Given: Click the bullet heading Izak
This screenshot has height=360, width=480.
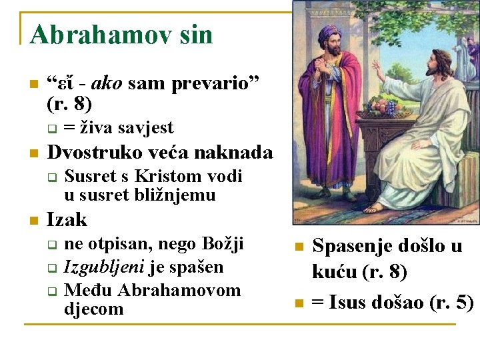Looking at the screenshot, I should [x=67, y=220].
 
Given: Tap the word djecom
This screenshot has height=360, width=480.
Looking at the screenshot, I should [x=94, y=309].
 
